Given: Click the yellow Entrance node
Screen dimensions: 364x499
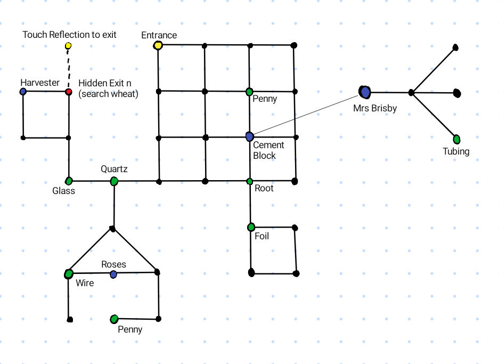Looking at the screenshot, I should (158, 46).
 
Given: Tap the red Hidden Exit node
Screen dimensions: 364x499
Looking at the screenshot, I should (68, 92).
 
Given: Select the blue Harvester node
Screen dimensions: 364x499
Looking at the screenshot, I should (23, 92).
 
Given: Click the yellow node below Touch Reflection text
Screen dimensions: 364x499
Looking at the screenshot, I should (68, 46).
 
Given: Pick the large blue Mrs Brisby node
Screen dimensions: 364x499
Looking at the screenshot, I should (365, 92).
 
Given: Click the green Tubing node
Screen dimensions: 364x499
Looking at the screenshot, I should (456, 139).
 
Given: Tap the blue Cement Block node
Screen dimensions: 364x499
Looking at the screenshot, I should (250, 136).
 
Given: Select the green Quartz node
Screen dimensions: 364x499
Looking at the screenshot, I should (114, 182).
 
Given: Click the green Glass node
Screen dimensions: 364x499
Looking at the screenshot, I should (69, 181).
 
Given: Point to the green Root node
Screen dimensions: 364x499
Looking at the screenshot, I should (250, 182).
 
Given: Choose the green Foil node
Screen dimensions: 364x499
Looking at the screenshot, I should (251, 228).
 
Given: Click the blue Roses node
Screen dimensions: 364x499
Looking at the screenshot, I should (113, 274).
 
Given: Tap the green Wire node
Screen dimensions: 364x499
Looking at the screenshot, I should (68, 274).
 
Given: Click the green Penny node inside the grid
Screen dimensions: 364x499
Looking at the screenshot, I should (249, 92).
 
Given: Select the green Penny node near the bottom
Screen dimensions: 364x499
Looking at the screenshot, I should (114, 319).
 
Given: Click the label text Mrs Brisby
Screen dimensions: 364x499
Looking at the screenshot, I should (375, 109).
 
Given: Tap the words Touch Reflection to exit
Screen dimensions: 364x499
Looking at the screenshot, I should (69, 35).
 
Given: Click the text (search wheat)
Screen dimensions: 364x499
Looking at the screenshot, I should (108, 94).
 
